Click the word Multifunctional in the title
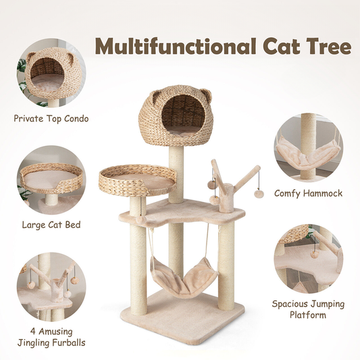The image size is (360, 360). point(176,46)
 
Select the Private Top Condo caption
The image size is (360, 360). point(51,118)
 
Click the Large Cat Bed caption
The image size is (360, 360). point(51,224)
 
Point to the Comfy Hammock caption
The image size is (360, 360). point(309,193)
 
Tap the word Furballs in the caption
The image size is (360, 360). point(68,343)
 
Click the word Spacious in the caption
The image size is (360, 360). point(288,304)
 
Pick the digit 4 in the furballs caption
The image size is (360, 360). point(33,332)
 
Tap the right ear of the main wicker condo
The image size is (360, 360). point(206,95)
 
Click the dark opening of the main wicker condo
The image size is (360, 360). point(183,112)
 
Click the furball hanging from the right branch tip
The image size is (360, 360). point(259,194)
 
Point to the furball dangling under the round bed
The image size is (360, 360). point(140,220)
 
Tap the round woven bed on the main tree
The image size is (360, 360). point(137,180)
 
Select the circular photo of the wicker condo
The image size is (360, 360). point(51,73)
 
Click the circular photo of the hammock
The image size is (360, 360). point(309,148)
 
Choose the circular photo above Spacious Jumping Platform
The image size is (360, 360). point(309,259)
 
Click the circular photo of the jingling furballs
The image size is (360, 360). point(51,286)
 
